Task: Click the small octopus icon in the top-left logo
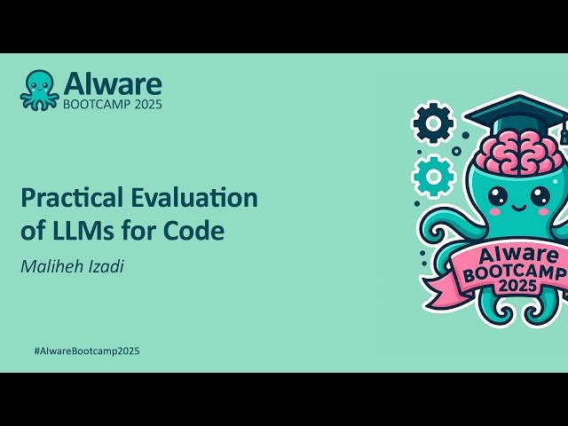click(x=40, y=90)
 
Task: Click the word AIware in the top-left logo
click(x=112, y=83)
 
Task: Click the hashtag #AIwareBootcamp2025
click(x=86, y=351)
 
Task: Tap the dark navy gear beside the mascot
click(x=433, y=123)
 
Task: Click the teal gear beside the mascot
click(x=433, y=175)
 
